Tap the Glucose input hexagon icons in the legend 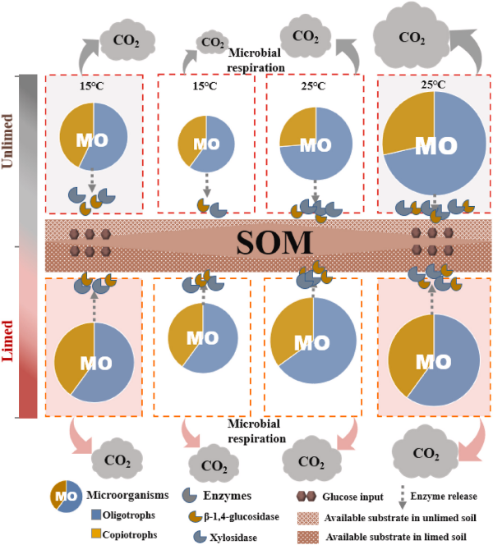(x=306, y=496)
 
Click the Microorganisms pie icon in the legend (x=66, y=495)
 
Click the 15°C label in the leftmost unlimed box (x=93, y=85)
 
